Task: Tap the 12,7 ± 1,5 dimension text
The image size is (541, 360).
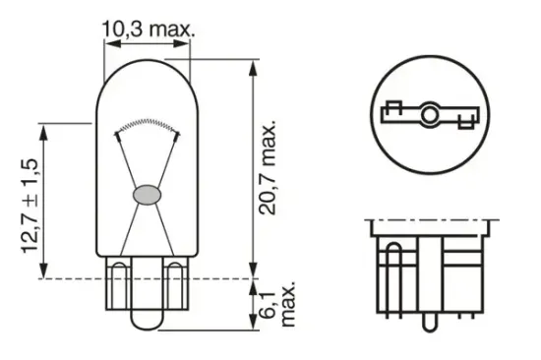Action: click(33, 202)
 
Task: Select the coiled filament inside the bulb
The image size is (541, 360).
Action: click(147, 125)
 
